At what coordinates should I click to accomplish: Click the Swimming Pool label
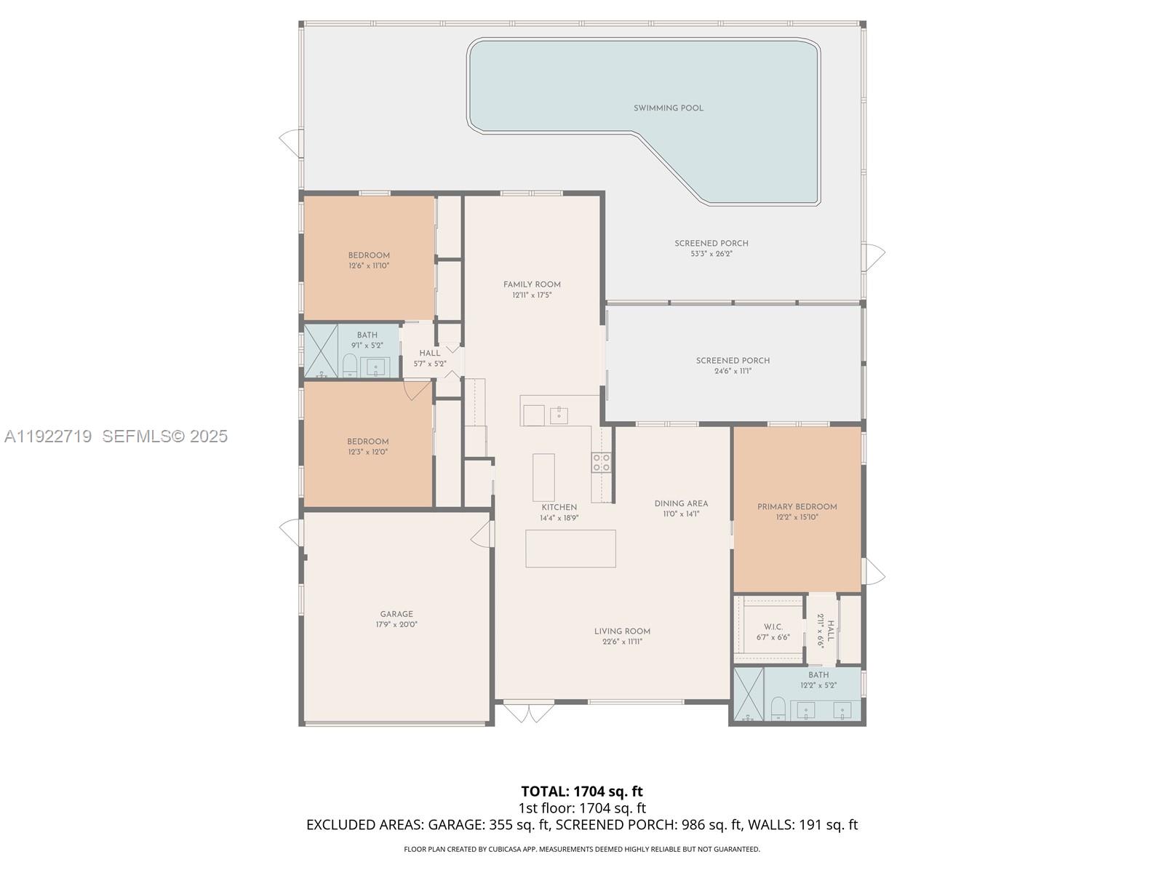668,108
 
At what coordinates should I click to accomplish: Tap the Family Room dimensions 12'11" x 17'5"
532,295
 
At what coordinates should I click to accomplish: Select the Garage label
396,614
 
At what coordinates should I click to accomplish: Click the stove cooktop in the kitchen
602,461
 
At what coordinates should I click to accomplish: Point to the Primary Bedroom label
797,507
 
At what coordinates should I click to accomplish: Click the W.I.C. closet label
773,627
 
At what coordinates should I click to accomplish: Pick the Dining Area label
680,503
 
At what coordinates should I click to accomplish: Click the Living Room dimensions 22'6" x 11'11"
622,642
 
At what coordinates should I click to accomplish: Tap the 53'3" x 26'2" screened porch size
711,254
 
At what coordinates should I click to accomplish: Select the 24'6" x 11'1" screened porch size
733,371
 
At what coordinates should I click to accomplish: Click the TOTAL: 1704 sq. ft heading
581,791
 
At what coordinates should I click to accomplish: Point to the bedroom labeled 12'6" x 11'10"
369,260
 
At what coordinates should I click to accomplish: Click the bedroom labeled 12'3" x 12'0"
367,447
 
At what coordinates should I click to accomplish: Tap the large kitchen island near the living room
570,549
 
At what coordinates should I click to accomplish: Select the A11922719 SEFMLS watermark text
116,436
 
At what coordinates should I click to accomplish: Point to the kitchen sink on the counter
559,415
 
